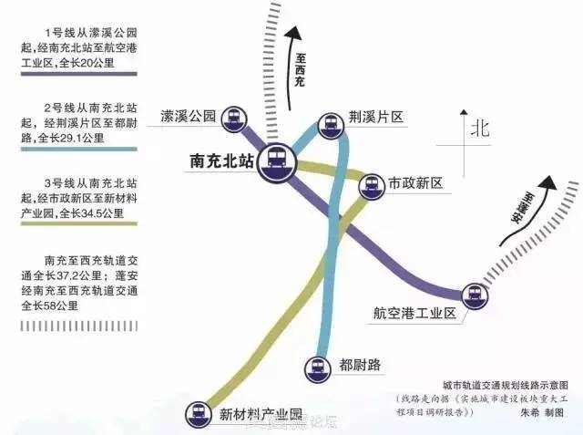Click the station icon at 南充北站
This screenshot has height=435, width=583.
pyautogui.click(x=274, y=163)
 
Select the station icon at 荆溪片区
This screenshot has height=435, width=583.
pyautogui.click(x=330, y=125)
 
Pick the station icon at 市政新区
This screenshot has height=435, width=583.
pyautogui.click(x=371, y=185)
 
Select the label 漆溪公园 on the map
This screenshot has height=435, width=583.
pyautogui.click(x=187, y=116)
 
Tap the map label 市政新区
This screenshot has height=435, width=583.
pyautogui.click(x=415, y=184)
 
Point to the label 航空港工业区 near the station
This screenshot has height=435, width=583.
pyautogui.click(x=414, y=314)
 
